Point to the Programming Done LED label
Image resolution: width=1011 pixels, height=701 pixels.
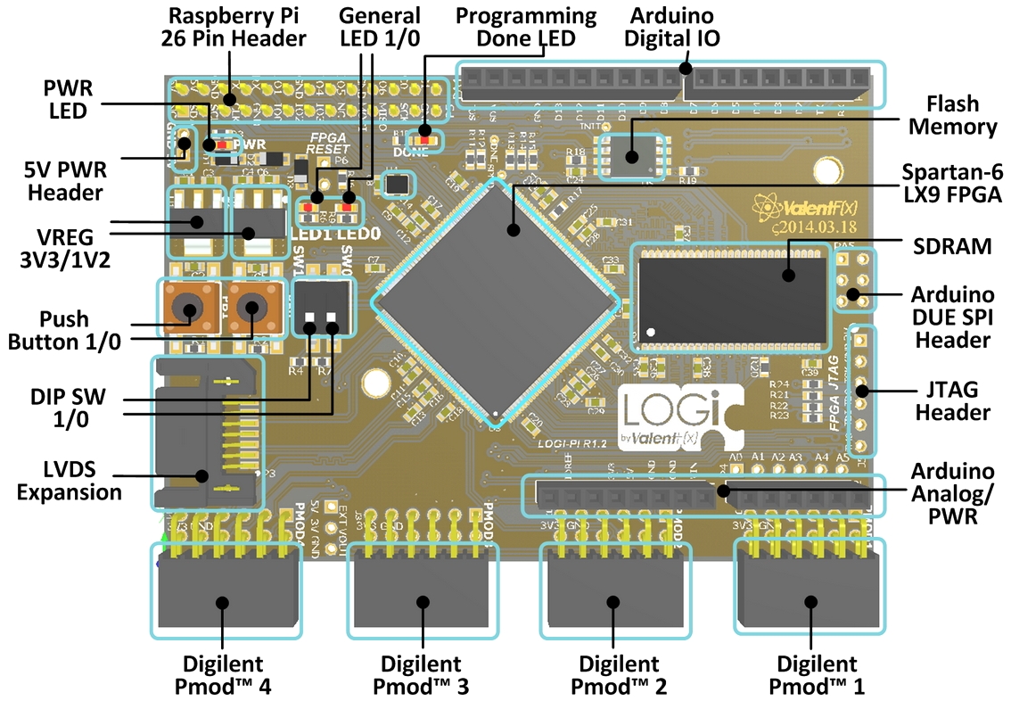point(513,27)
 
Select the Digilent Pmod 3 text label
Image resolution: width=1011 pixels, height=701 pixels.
point(421,675)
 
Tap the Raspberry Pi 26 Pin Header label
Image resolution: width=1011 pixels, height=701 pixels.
point(234,27)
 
